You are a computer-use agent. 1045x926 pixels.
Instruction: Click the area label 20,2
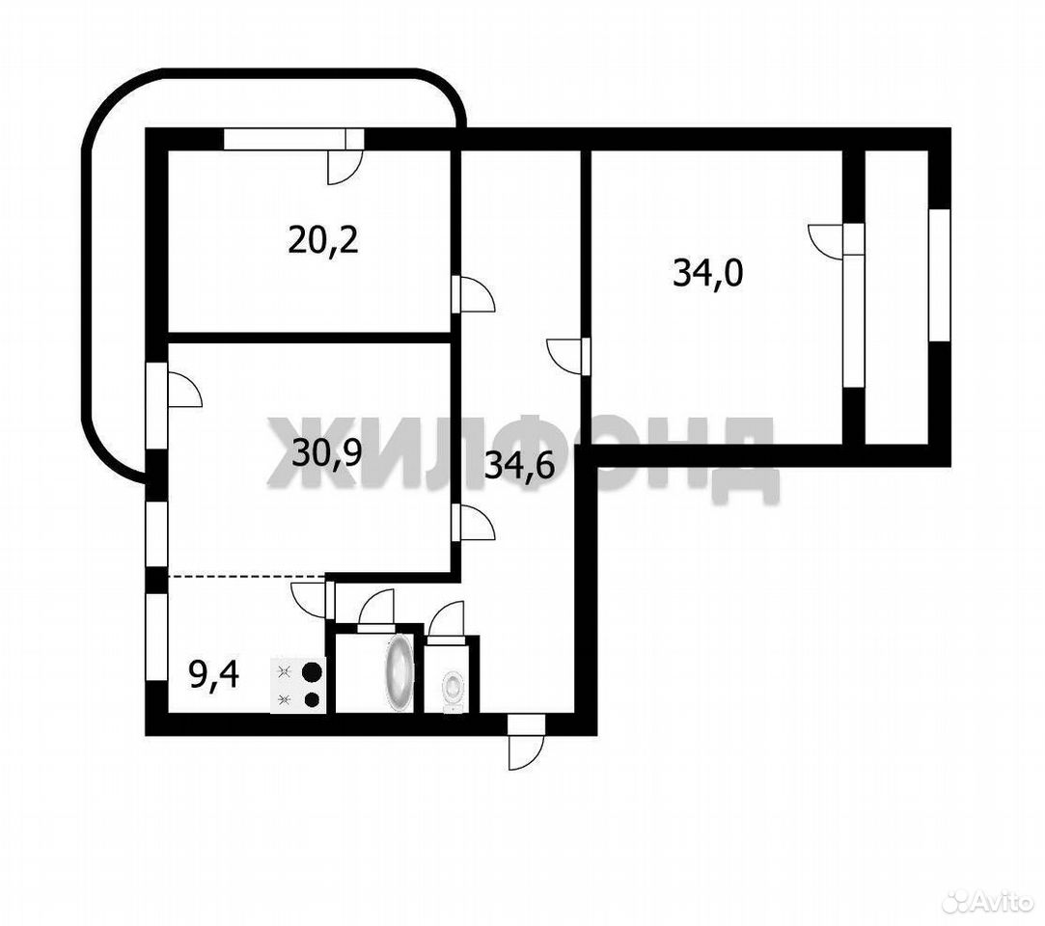(x=323, y=240)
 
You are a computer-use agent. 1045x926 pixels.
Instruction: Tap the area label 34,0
(x=708, y=273)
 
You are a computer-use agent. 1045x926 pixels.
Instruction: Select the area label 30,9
(x=326, y=453)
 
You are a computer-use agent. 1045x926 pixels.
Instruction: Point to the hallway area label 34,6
(x=520, y=466)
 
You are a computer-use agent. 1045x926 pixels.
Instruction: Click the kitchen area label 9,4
(x=214, y=675)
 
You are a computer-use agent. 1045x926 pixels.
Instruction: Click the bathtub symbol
(x=399, y=669)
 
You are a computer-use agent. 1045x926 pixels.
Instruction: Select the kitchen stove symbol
(x=298, y=686)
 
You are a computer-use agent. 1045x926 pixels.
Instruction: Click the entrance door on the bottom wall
(x=526, y=742)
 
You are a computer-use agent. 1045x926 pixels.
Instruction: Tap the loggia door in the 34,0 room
(x=837, y=239)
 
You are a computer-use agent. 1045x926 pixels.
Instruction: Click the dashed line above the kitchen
(x=247, y=575)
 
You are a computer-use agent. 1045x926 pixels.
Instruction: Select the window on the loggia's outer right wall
(x=939, y=275)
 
